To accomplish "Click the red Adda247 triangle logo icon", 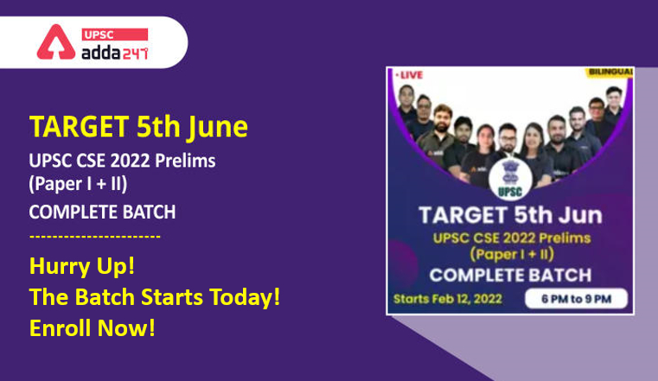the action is pos(56,42).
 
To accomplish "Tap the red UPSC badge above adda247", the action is pos(114,35).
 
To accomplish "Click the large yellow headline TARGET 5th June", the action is pos(138,127).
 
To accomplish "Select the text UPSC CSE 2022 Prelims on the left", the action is pos(122,161).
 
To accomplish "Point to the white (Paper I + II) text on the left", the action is pos(78,184).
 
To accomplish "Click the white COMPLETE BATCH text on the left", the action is pos(102,212).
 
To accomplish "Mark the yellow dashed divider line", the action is pos(95,237).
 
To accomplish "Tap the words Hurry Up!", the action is pos(82,266).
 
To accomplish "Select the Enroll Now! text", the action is pos(93,327).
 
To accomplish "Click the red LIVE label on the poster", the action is pos(409,75).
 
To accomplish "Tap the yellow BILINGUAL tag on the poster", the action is pos(610,72).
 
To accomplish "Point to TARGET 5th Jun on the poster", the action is pos(510,215).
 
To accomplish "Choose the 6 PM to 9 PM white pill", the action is pos(576,299).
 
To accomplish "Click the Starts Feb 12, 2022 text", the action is pos(448,299).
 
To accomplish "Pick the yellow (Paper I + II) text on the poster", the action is pos(512,254).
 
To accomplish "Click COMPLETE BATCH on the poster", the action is pos(510,276).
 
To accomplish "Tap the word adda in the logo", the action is pos(101,53).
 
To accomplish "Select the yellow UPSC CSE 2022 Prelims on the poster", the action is pos(512,238).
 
